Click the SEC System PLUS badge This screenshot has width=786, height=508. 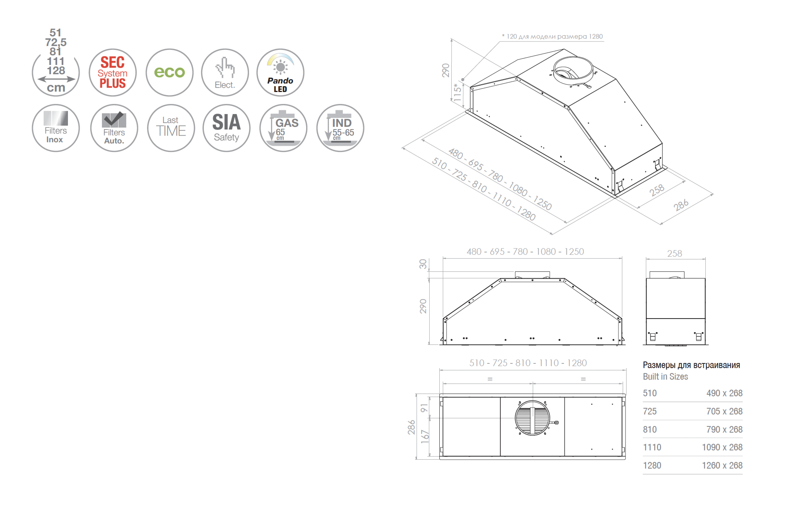[x=113, y=72]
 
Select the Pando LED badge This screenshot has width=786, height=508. [x=280, y=72]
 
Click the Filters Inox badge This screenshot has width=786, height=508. [x=56, y=128]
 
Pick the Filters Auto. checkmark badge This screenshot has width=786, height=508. [x=114, y=128]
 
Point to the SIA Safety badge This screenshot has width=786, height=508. [x=226, y=128]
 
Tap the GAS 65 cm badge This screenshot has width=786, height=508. [x=283, y=128]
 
